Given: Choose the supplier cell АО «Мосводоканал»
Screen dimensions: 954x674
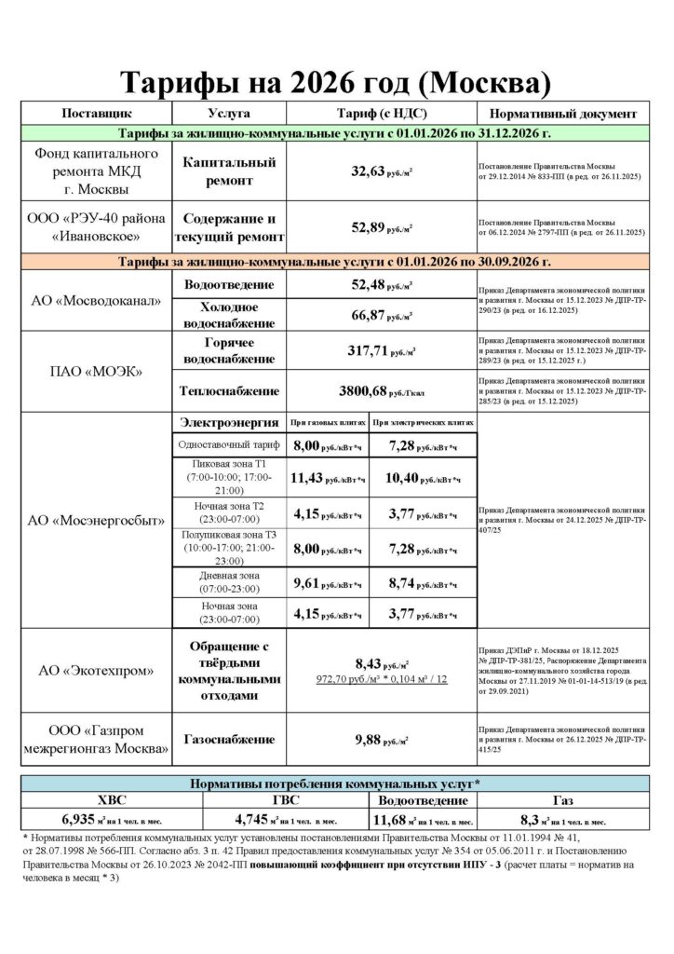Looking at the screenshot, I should pos(96,301).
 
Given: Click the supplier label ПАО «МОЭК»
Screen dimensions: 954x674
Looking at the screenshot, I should pos(96,371).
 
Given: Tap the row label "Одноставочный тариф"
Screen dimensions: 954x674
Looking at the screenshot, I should pos(228,447).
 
